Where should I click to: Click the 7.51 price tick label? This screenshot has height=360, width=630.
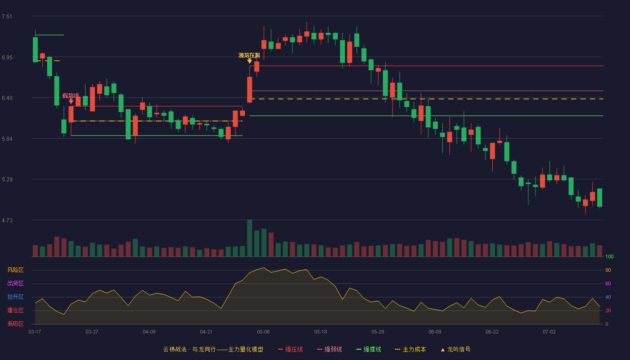point(7,17)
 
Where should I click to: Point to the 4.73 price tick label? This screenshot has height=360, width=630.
point(7,220)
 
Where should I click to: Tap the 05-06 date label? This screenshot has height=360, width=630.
point(263,332)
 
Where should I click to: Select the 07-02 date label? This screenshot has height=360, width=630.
point(549,332)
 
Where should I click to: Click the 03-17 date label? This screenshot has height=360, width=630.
point(35,332)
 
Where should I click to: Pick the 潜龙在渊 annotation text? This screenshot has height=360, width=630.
point(249,55)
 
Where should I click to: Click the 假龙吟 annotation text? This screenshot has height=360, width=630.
point(71,95)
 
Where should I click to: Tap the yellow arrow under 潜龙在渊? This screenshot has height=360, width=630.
point(249,61)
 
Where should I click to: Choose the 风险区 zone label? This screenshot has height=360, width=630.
point(15,270)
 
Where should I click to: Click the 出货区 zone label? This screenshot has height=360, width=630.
point(15,283)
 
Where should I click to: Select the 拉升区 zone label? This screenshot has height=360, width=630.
point(15,297)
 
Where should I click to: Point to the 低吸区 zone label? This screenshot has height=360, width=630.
point(15,324)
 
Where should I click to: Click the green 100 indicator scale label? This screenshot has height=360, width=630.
point(609,256)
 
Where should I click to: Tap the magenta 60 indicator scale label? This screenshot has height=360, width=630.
point(608,283)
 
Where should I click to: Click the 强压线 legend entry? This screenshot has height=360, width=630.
point(290,349)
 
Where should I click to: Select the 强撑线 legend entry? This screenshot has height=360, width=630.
point(369,349)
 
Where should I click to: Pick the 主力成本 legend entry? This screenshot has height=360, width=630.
point(410,349)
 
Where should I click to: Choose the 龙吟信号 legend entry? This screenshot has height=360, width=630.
point(455,349)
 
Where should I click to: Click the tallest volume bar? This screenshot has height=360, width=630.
point(249,238)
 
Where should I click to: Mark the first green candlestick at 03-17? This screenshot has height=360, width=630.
point(35,49)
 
